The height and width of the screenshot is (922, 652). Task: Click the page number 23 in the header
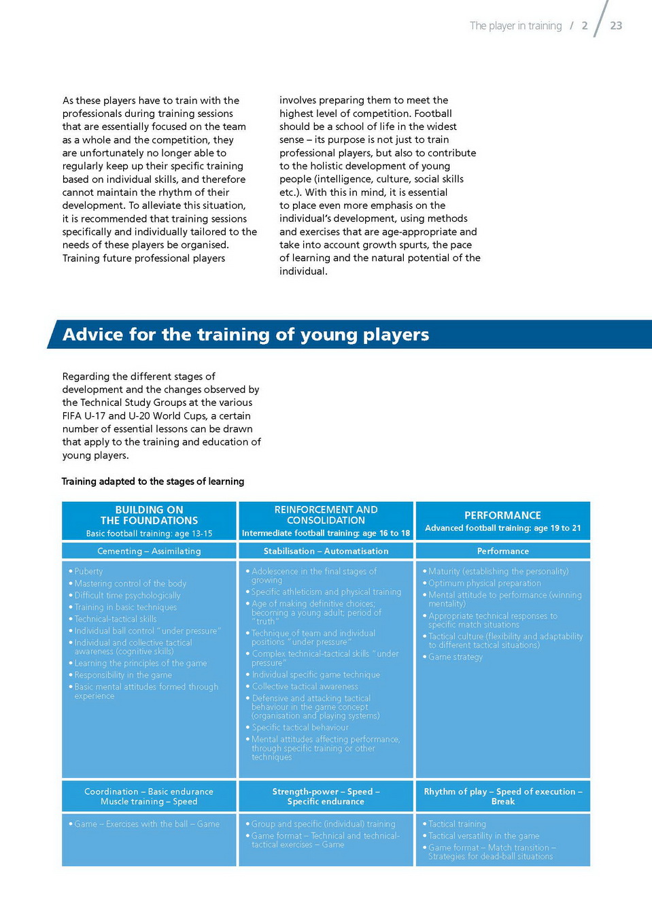click(616, 26)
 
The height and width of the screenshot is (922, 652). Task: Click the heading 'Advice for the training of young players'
click(245, 335)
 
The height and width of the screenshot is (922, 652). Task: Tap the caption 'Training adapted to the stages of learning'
click(153, 481)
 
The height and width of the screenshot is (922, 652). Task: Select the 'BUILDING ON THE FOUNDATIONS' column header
click(149, 515)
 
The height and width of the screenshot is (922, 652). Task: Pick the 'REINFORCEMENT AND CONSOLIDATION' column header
click(326, 515)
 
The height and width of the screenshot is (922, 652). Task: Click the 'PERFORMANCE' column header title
click(502, 515)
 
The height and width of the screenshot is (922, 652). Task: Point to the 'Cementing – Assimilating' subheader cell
click(149, 551)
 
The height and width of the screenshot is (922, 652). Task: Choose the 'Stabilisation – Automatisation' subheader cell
click(326, 551)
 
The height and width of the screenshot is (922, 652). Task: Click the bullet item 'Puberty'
click(88, 572)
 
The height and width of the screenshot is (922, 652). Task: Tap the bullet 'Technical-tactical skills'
click(116, 619)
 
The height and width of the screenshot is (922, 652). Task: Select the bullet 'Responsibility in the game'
click(123, 675)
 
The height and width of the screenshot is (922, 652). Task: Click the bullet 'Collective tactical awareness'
click(305, 687)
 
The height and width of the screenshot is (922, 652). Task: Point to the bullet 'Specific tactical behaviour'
click(300, 728)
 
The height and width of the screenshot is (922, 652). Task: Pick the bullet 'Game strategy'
click(456, 658)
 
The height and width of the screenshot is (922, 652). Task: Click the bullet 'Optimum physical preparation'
click(485, 583)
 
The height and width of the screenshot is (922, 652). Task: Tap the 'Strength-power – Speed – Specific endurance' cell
click(326, 797)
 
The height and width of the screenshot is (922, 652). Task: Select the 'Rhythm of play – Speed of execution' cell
click(502, 792)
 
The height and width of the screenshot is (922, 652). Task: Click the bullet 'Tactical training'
click(457, 824)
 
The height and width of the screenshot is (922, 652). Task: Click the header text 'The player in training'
click(515, 26)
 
